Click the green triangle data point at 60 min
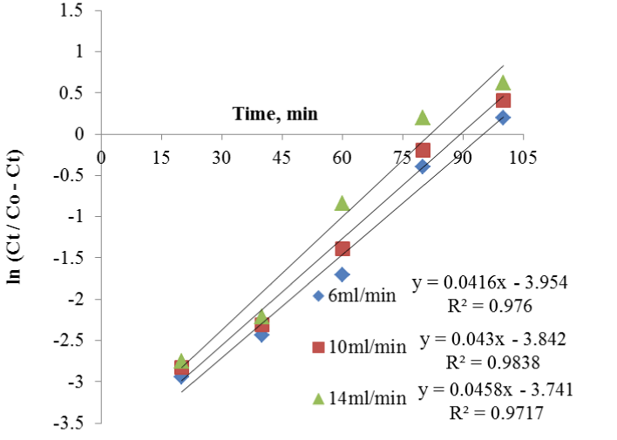[x=342, y=202]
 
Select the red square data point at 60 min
[x=342, y=249]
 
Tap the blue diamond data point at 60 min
[x=342, y=274]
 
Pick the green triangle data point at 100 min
[x=503, y=83]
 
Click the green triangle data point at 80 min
[x=423, y=117]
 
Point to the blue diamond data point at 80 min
[x=423, y=166]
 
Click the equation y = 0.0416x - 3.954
[x=494, y=286]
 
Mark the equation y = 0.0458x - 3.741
[x=494, y=389]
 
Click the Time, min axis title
[x=275, y=113]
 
